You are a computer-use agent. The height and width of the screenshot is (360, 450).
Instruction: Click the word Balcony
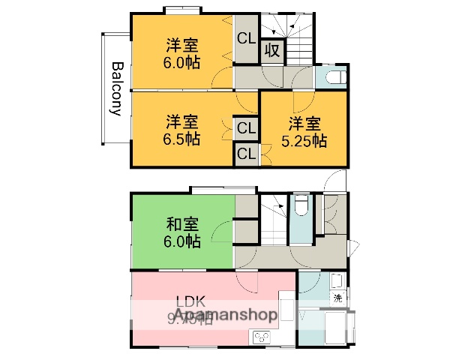117,88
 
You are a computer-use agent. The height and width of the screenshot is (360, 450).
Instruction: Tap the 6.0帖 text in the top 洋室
182,63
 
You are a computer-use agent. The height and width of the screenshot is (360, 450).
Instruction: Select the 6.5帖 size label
182,139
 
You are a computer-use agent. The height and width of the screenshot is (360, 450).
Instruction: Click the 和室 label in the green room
182,223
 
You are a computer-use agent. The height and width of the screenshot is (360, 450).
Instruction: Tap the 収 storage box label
271,51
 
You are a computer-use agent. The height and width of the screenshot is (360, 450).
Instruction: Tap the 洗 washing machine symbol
337,298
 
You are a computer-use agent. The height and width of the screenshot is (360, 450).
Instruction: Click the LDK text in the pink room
190,302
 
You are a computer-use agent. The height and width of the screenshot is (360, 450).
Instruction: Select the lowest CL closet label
245,154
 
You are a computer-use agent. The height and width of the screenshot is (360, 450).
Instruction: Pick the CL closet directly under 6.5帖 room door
245,128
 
